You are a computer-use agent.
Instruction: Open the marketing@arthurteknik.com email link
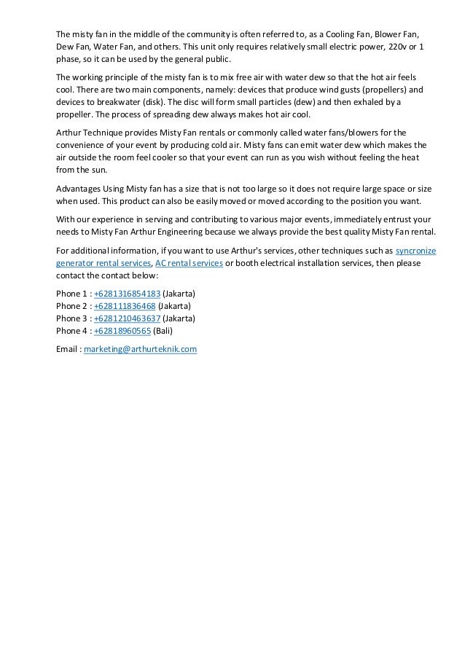(x=141, y=350)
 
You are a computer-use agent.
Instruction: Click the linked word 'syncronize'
(x=415, y=251)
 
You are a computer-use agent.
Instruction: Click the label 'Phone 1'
(x=71, y=294)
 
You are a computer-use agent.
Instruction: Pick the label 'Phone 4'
(x=71, y=331)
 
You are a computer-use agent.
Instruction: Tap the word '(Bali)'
(x=163, y=331)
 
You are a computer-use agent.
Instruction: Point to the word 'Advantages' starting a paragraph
(x=80, y=189)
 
